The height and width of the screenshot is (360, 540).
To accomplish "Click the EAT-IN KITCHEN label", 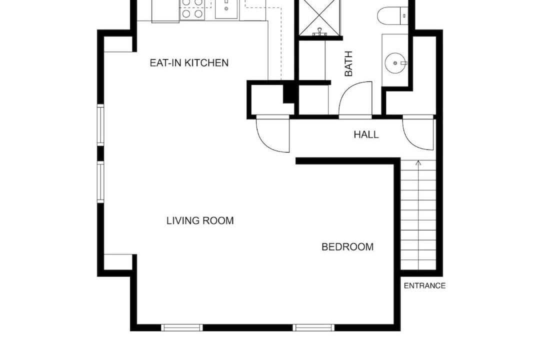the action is [x=189, y=62].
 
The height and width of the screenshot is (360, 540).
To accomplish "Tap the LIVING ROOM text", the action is [x=200, y=220].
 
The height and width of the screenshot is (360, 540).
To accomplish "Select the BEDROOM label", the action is [x=347, y=246].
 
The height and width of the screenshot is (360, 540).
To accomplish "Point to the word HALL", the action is [x=366, y=134].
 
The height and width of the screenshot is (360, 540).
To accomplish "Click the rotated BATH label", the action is [x=348, y=63].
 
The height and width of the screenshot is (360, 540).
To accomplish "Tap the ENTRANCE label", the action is [x=424, y=285].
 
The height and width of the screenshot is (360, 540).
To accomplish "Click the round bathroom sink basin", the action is [x=395, y=63].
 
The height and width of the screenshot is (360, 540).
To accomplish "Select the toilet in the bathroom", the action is [x=393, y=15].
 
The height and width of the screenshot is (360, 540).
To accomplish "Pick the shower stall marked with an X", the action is [x=319, y=17].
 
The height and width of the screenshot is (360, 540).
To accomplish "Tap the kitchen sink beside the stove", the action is [x=226, y=9].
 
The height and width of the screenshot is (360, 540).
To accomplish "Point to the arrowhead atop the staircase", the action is [x=418, y=162].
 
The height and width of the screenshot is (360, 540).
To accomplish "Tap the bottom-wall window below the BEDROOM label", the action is [x=313, y=327].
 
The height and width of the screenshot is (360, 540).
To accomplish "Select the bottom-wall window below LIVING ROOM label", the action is [x=182, y=327].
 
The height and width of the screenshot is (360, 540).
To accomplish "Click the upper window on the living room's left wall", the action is [x=100, y=124].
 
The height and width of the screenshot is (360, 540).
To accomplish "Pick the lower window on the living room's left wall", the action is [x=100, y=182].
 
